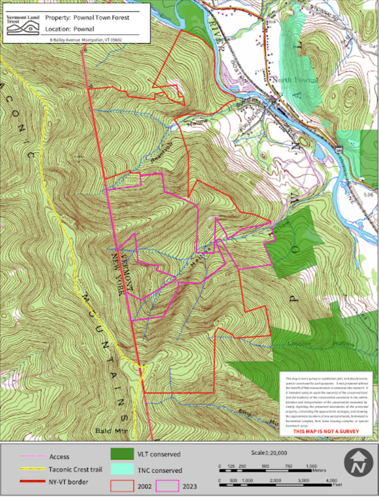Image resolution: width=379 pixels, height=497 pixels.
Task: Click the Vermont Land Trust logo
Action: pyautogui.click(x=23, y=25)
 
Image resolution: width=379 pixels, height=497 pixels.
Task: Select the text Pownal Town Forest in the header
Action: pyautogui.click(x=101, y=18)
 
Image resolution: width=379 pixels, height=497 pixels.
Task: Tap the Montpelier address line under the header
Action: pyautogui.click(x=86, y=40)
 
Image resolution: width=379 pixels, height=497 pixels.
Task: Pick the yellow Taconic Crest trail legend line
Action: pyautogui.click(x=33, y=469)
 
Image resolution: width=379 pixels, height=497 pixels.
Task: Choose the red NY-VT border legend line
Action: pyautogui.click(x=33, y=481)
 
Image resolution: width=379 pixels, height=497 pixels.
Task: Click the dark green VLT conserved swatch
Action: pyautogui.click(x=122, y=454)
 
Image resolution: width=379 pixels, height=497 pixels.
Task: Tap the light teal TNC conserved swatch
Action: pyautogui.click(x=122, y=470)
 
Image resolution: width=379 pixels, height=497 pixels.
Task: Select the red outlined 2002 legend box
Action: pyautogui.click(x=122, y=486)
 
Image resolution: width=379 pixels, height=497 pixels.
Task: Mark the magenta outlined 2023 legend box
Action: pyautogui.click(x=167, y=486)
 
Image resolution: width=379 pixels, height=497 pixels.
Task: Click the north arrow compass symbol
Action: pyautogui.click(x=358, y=463)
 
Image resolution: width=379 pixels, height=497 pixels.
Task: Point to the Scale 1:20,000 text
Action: pyautogui.click(x=269, y=453)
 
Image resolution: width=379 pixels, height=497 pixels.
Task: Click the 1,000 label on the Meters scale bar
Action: pyautogui.click(x=311, y=466)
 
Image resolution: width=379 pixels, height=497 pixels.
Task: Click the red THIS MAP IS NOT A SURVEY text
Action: pyautogui.click(x=326, y=431)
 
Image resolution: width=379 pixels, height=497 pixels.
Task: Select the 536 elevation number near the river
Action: pyautogui.click(x=368, y=195)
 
